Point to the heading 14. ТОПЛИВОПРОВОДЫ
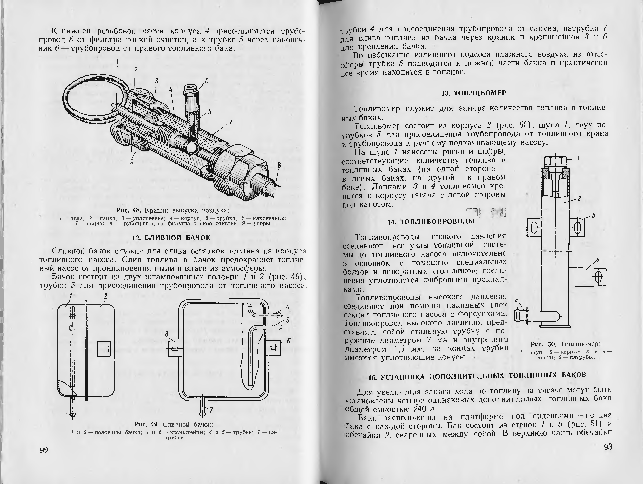(431, 222)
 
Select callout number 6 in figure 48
(207, 81)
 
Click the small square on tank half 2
(104, 349)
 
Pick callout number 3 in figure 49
(167, 334)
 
